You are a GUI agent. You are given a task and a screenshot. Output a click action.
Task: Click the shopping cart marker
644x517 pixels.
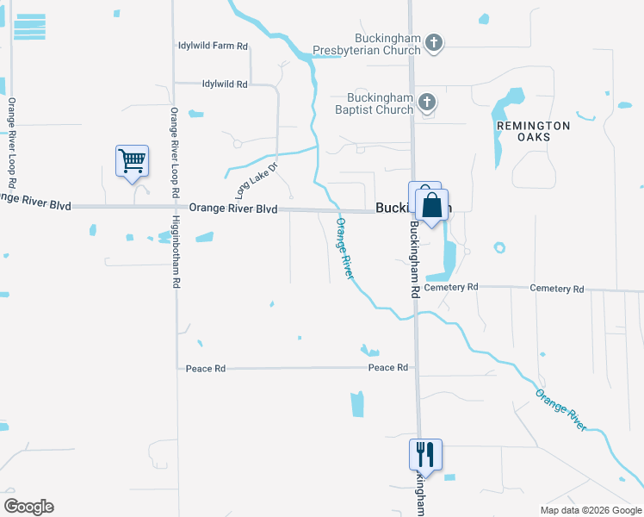[x=132, y=160]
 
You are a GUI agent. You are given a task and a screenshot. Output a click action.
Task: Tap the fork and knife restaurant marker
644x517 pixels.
[x=425, y=453]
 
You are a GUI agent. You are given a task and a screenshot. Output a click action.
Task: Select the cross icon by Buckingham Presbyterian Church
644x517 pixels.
[x=434, y=42]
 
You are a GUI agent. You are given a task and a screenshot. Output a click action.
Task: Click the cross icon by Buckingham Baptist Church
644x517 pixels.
[x=426, y=103]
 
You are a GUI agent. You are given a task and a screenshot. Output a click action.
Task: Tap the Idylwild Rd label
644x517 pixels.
[x=212, y=84]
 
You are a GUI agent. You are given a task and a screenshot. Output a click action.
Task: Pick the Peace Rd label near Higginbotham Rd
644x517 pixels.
[x=205, y=369]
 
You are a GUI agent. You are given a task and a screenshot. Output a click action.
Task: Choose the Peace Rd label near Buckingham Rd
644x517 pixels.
[x=387, y=368]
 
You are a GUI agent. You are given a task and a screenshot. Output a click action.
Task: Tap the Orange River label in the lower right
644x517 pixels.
[x=560, y=410]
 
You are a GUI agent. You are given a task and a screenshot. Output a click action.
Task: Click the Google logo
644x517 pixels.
[x=28, y=507]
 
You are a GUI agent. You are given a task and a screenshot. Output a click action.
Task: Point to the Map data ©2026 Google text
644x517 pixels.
[x=590, y=510]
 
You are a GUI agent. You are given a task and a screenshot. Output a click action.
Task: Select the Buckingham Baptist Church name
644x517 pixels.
[x=380, y=103]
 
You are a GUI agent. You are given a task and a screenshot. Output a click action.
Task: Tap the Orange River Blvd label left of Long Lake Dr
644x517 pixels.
[x=232, y=209]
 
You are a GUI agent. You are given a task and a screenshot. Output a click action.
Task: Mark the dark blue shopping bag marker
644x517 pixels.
[x=431, y=207]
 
